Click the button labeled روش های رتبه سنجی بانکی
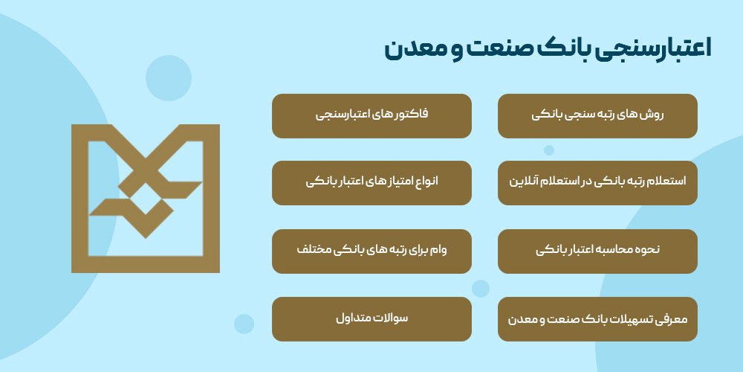pos(597,115)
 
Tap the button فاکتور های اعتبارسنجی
pos(371,115)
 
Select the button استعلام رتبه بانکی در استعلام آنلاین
pos(597,182)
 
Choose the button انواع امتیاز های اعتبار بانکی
pos(371,182)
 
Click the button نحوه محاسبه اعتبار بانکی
pos(597,251)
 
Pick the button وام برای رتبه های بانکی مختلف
pos(371,251)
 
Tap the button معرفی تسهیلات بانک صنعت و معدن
pos(597,319)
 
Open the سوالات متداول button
pos(371,319)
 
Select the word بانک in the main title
pos(554,49)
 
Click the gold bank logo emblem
pos(146,199)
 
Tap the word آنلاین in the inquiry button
pos(526,182)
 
